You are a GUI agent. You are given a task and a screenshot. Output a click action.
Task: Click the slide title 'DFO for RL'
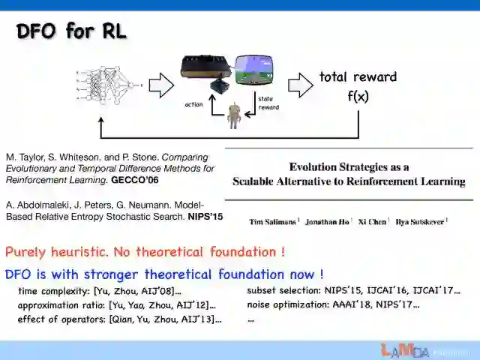[x=71, y=31]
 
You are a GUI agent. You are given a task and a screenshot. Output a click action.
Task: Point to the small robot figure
[x=234, y=115]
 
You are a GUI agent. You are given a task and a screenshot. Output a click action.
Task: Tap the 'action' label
[x=193, y=105]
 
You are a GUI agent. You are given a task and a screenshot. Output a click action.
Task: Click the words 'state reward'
[x=268, y=103]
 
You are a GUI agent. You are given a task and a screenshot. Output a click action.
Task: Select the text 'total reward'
[x=358, y=76]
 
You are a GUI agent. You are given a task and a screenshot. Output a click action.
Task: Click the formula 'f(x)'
[x=358, y=97]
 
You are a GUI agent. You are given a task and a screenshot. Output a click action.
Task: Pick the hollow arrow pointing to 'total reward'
[x=300, y=85]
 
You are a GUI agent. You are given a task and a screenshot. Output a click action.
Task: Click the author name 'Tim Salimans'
[x=271, y=221]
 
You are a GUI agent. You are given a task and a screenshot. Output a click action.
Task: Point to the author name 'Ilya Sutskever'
[x=420, y=221]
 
